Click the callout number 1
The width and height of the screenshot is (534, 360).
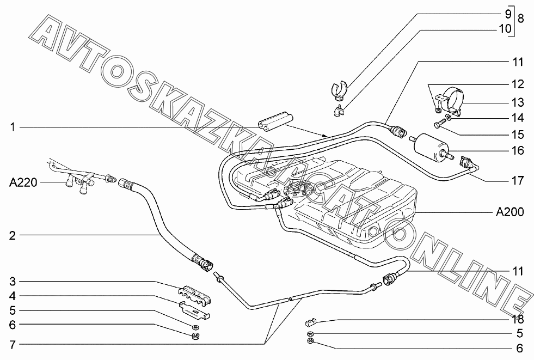[x=11, y=127]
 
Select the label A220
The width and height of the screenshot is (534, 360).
[x=23, y=182]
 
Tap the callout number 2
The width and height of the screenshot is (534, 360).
[x=11, y=236]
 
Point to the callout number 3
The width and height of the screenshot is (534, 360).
[x=11, y=282]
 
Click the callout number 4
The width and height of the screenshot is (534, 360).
[x=11, y=296]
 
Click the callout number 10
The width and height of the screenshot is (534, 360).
[x=505, y=28]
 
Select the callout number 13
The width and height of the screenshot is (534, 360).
[x=517, y=102]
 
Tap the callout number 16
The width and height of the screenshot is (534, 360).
[x=517, y=150]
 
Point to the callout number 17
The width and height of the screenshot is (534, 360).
[x=517, y=180]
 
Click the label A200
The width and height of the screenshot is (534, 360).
[x=510, y=212]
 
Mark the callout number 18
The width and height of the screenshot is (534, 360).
[x=517, y=320]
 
